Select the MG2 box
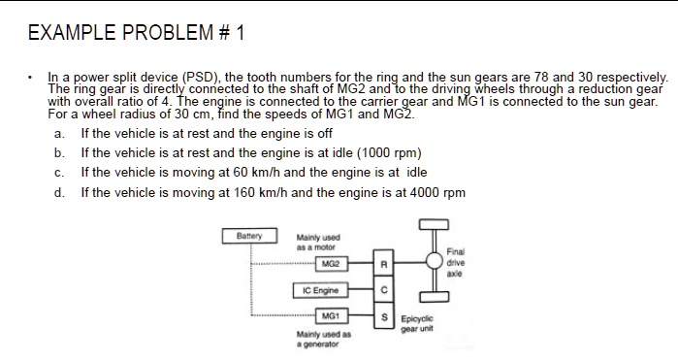pos(331,263)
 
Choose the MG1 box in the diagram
pos(331,316)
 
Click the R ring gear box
pos(383,264)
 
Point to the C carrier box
pos(383,290)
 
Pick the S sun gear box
pos(383,316)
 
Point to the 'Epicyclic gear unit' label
pos(421,322)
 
